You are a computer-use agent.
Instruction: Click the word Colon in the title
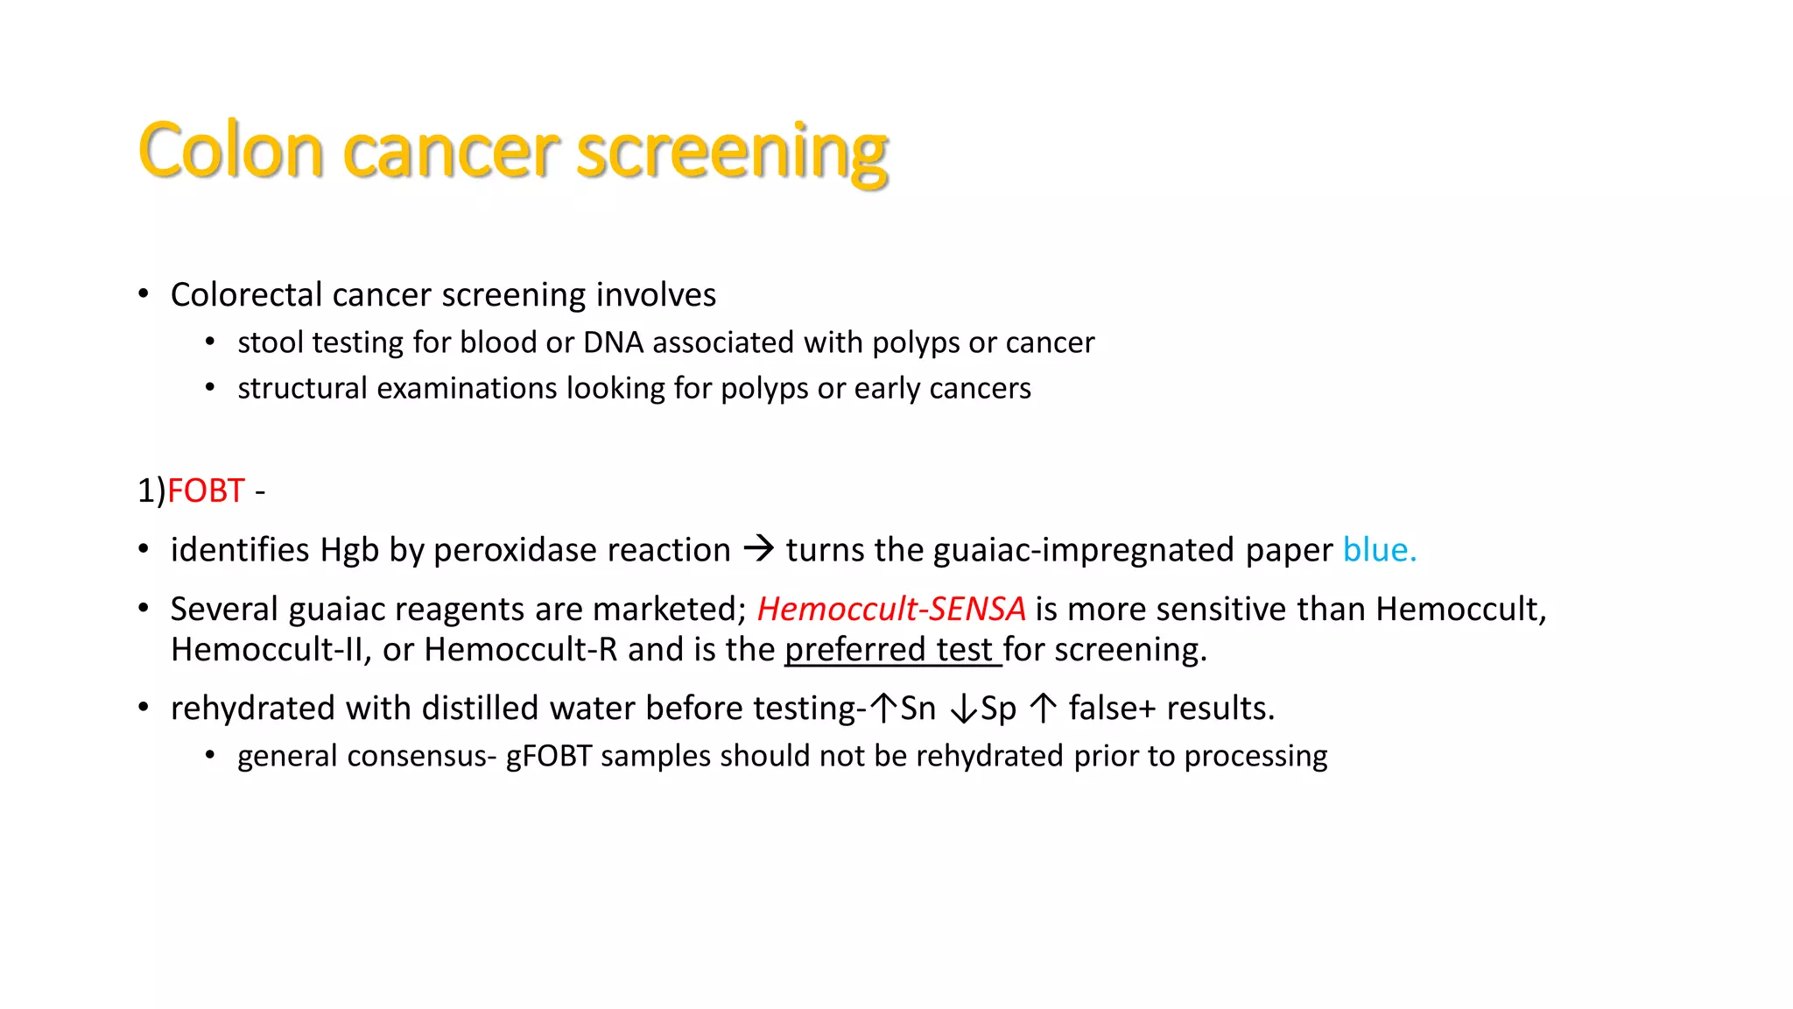231,151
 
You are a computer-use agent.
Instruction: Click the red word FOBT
206,490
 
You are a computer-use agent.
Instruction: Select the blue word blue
1379,550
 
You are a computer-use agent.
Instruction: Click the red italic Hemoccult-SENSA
890,609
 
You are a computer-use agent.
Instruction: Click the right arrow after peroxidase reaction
758,549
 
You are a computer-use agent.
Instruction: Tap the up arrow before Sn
884,708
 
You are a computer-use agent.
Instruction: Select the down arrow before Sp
964,708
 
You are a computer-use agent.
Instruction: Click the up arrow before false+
1044,708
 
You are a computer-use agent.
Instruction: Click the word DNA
613,342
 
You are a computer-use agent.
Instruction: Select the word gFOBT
549,756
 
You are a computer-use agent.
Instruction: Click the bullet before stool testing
210,342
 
